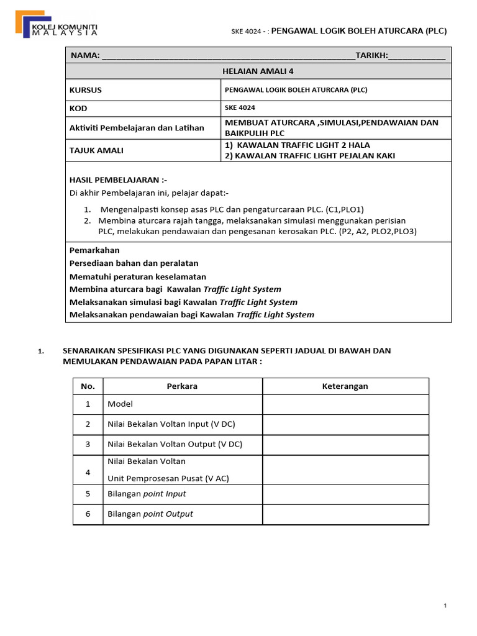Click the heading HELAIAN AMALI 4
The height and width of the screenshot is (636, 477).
click(258, 71)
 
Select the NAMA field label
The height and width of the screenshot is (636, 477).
click(85, 55)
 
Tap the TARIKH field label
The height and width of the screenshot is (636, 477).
click(371, 55)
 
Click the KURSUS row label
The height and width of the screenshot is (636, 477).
click(86, 89)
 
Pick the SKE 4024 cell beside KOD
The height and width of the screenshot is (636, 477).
click(238, 108)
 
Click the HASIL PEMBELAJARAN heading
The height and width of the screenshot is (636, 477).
click(118, 179)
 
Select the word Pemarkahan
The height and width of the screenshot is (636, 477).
click(94, 250)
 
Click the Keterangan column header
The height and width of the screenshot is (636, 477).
click(345, 386)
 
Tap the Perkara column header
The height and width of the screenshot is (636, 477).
click(182, 386)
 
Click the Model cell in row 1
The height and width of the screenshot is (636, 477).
click(120, 404)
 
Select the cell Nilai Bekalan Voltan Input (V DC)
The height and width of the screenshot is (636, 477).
click(171, 424)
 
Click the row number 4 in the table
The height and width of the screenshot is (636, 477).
click(88, 473)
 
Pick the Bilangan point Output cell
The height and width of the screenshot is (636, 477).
click(150, 514)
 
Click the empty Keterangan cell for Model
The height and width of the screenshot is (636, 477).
click(345, 404)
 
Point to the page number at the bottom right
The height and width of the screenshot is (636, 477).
click(445, 606)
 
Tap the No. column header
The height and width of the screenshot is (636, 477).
click(88, 386)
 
